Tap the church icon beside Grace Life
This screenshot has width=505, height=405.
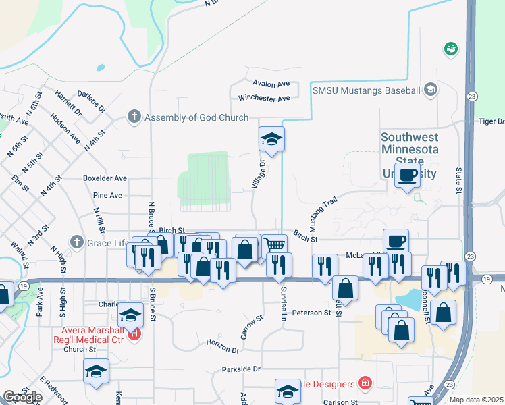pos(77,242)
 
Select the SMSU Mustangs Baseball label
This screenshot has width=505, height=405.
pos(365,90)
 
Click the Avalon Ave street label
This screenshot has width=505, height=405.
pos(271,84)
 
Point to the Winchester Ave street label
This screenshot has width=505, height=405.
pos(264,99)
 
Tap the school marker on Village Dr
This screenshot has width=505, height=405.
pos(271,140)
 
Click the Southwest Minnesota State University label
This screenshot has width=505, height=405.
pos(409,155)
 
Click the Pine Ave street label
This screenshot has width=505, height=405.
pos(107,196)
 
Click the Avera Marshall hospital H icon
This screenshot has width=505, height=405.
pos(134,333)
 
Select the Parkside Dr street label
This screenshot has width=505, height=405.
pos(241,369)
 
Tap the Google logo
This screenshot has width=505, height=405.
pos(22,398)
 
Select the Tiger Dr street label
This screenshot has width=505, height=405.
pos(491,122)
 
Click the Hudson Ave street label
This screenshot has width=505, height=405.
pos(65,134)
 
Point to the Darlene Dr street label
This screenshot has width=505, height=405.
pos(91,104)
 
